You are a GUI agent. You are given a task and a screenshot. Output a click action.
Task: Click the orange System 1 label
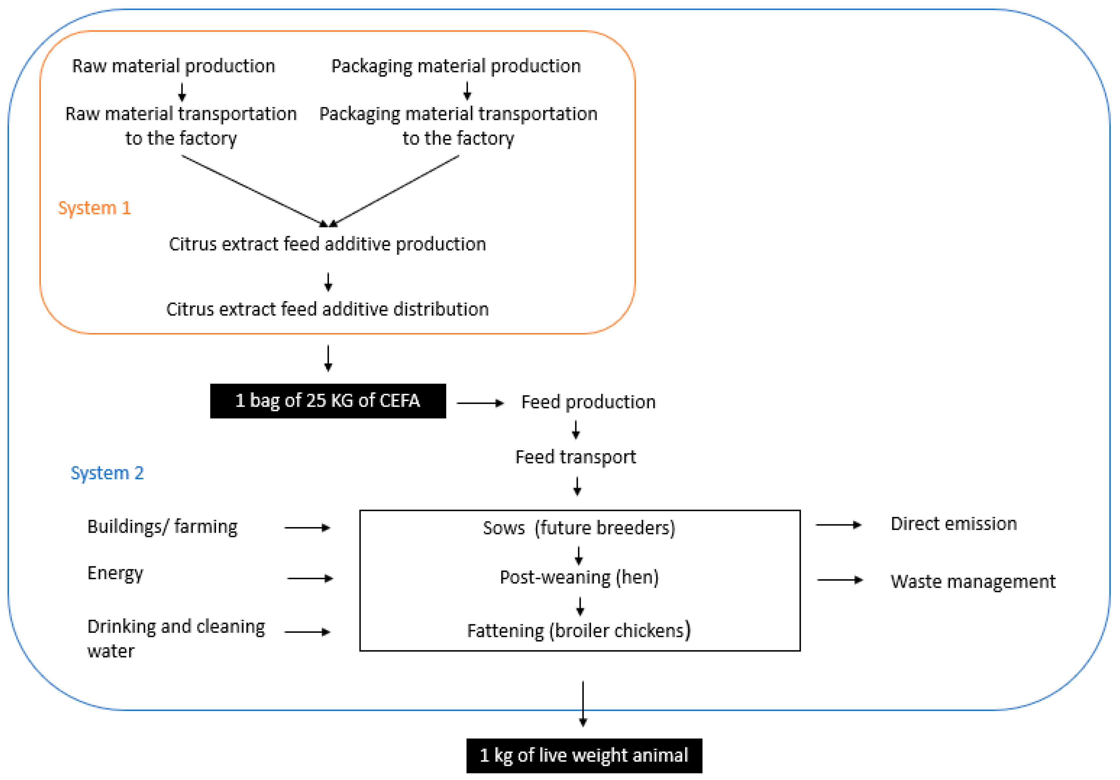pos(95,208)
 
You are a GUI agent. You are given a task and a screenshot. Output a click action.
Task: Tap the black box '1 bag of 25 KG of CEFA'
pos(328,401)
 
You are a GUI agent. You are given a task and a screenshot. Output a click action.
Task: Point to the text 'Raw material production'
pos(174,66)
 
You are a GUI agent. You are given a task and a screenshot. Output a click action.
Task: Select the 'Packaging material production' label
pos(456,66)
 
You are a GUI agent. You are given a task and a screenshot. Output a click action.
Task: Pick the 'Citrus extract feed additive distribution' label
pos(327,309)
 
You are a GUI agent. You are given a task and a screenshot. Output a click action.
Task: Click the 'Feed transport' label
pos(576,458)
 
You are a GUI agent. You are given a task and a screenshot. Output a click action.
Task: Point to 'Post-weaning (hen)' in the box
pos(579,577)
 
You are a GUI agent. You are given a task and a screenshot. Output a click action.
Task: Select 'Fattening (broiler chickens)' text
pos(579,631)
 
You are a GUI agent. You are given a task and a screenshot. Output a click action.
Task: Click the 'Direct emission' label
pos(954,524)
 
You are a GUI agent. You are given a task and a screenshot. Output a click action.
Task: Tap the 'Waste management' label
pos(973,581)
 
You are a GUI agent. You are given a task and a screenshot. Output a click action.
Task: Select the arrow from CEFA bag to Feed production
pos(480,403)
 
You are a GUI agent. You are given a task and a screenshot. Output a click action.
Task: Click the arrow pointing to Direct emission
pos(838,525)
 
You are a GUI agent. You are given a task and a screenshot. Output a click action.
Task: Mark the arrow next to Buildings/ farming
pos(307,528)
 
